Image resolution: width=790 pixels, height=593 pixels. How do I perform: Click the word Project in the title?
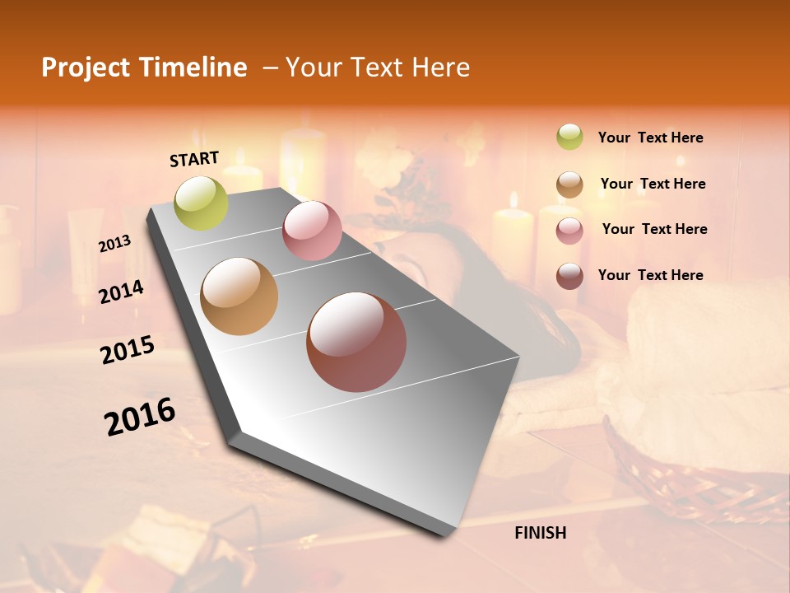[x=86, y=68]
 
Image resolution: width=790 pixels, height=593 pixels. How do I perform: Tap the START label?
[x=194, y=159]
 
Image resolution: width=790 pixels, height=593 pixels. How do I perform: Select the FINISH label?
[x=541, y=533]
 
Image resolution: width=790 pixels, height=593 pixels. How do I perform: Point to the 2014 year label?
[x=121, y=292]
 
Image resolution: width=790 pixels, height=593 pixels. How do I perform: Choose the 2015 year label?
[x=128, y=350]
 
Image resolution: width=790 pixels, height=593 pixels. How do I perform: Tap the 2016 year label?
[x=140, y=417]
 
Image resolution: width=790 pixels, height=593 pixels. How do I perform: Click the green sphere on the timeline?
[x=201, y=203]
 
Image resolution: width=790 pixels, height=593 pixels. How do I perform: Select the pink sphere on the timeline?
[x=312, y=231]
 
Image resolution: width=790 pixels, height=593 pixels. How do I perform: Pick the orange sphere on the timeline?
[x=239, y=296]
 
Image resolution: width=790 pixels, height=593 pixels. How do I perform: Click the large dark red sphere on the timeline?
[x=356, y=342]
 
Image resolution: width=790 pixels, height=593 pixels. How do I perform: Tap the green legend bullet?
[x=569, y=137]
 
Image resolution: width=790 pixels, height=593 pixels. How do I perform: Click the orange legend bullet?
[x=569, y=184]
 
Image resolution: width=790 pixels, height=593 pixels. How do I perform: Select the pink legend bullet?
[x=569, y=231]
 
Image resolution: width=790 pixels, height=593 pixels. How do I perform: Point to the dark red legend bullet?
[x=569, y=276]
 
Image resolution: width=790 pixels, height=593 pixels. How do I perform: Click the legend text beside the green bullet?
[x=650, y=138]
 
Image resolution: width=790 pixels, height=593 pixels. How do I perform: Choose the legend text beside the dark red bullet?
[x=650, y=275]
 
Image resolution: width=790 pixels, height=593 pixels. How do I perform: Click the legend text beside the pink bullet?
[x=654, y=229]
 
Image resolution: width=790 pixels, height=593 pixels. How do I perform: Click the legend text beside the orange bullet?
[x=653, y=184]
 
